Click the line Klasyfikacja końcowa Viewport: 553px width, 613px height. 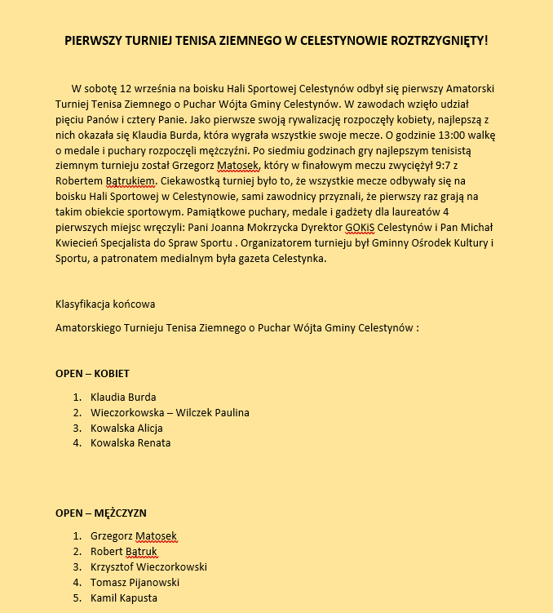105,304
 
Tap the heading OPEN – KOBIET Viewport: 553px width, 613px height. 92,374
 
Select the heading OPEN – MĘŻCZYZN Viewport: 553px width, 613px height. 100,513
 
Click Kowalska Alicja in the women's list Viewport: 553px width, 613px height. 126,428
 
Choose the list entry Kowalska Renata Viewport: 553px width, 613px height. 131,443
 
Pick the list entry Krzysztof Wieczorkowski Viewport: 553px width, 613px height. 148,567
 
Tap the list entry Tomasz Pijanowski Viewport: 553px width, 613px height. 135,583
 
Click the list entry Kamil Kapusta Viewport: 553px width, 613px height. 124,598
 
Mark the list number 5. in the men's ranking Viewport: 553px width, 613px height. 77,598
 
